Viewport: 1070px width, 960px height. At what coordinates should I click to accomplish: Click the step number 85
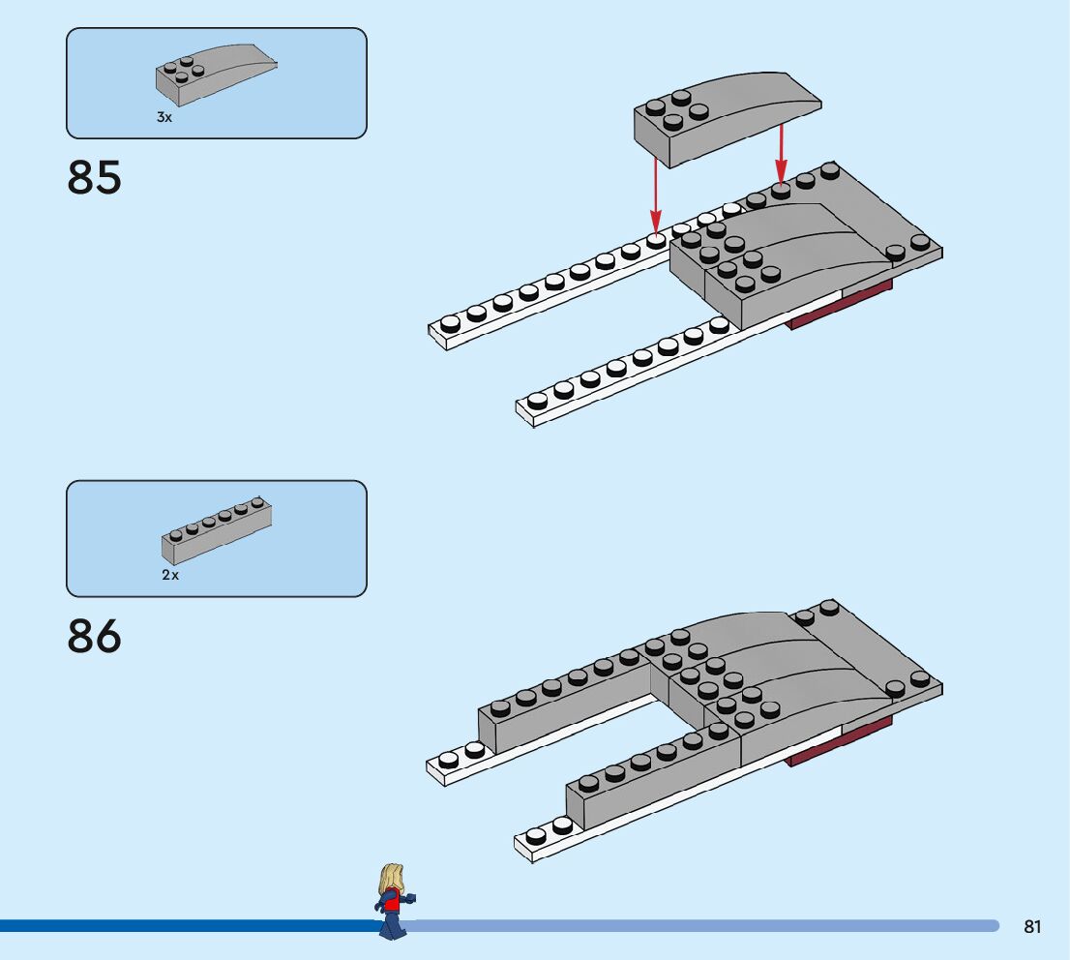[x=95, y=178]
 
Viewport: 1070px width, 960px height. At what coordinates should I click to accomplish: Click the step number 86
[x=95, y=636]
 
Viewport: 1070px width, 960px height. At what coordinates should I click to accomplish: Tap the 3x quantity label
[x=164, y=117]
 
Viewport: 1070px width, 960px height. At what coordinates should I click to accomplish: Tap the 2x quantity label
[x=170, y=575]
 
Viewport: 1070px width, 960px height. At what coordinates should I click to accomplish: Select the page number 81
[x=1032, y=927]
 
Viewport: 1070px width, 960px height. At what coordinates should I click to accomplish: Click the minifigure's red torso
[x=392, y=903]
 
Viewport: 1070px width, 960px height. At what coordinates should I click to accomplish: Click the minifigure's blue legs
[x=391, y=926]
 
